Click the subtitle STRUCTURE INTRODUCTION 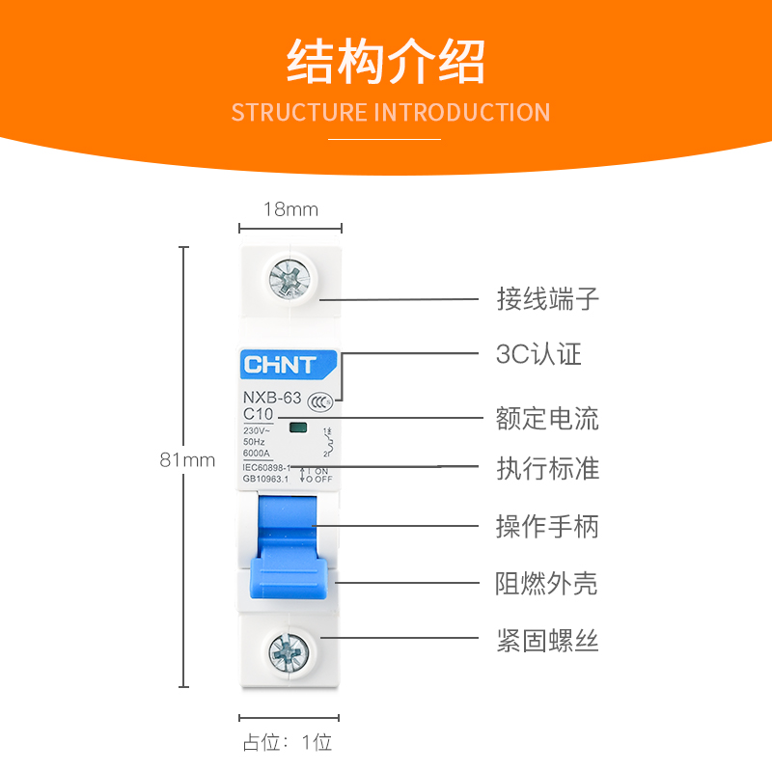(x=390, y=112)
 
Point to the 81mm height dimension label (x=187, y=460)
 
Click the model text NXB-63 (x=272, y=398)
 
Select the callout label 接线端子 (x=548, y=299)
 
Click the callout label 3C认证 (x=538, y=355)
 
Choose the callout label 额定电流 (x=547, y=419)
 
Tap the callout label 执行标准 (x=547, y=470)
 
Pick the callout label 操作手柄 (x=547, y=527)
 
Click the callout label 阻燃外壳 (x=547, y=584)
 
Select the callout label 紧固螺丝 (x=547, y=641)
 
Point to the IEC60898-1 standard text (x=266, y=467)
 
